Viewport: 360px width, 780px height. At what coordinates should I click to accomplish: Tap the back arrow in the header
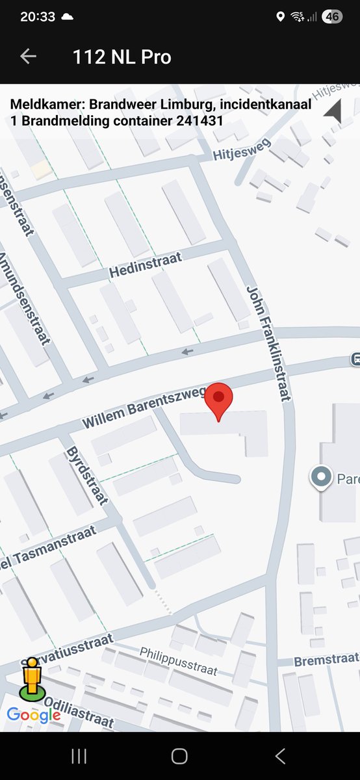(28, 57)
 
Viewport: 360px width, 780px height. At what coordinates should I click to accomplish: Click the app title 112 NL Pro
(122, 57)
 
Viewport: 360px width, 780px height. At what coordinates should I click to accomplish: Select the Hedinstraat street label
(146, 265)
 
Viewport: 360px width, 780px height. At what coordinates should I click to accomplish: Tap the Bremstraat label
(326, 661)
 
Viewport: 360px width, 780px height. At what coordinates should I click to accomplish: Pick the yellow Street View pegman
(31, 678)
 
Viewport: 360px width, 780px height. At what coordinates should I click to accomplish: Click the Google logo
(34, 716)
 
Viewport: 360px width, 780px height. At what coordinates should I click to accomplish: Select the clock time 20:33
(38, 17)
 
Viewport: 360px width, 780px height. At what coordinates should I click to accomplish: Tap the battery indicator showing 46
(332, 17)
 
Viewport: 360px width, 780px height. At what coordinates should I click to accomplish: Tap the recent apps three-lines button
(79, 756)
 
